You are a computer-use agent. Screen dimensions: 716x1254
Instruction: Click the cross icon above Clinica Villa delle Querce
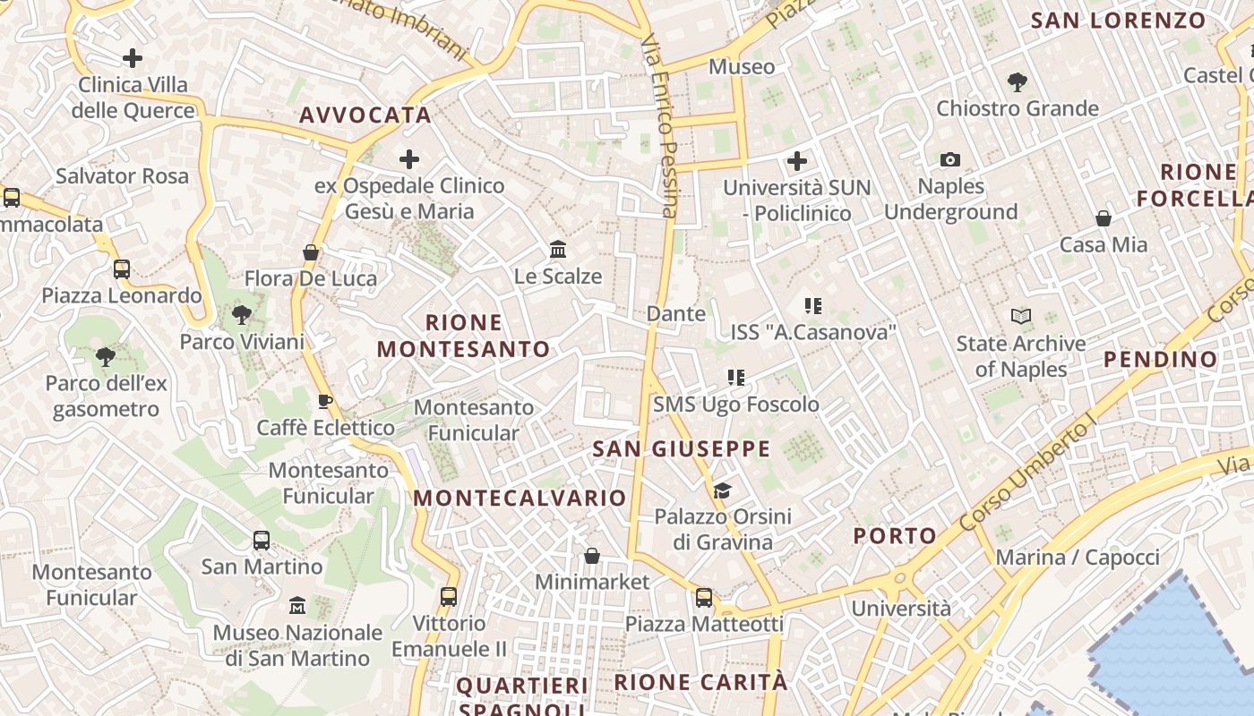pyautogui.click(x=133, y=59)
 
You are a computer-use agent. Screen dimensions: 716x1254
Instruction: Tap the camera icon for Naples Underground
pyautogui.click(x=950, y=160)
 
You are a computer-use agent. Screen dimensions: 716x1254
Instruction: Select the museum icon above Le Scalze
pyautogui.click(x=558, y=249)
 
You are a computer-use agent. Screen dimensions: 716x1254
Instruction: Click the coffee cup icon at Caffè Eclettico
pyautogui.click(x=325, y=401)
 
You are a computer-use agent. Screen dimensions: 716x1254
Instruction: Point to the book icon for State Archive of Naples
pyautogui.click(x=1021, y=316)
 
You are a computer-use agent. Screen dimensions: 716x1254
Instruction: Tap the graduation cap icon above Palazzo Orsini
pyautogui.click(x=722, y=490)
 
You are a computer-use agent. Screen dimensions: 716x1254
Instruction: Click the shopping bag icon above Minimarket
pyautogui.click(x=591, y=556)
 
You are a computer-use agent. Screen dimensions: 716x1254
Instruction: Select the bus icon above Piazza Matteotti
pyautogui.click(x=704, y=597)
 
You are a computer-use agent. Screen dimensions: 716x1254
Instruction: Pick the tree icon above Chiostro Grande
pyautogui.click(x=1017, y=82)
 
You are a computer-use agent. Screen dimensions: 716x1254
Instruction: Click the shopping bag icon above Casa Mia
pyautogui.click(x=1104, y=218)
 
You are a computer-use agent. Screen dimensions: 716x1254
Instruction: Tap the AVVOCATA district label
pyautogui.click(x=365, y=115)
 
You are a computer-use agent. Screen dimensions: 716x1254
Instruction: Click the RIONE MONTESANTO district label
pyautogui.click(x=464, y=336)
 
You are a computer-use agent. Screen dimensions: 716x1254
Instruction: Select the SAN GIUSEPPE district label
pyautogui.click(x=681, y=449)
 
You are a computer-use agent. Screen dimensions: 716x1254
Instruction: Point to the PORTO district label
pyautogui.click(x=895, y=536)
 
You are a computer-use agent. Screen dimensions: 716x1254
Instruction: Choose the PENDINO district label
pyautogui.click(x=1161, y=360)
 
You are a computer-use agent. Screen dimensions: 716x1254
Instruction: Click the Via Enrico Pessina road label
pyautogui.click(x=662, y=125)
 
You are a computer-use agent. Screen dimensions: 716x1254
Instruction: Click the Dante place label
pyautogui.click(x=676, y=314)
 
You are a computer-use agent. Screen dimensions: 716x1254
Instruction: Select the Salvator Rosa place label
pyautogui.click(x=122, y=176)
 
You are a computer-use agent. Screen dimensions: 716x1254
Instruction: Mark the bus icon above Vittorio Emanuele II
pyautogui.click(x=449, y=597)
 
